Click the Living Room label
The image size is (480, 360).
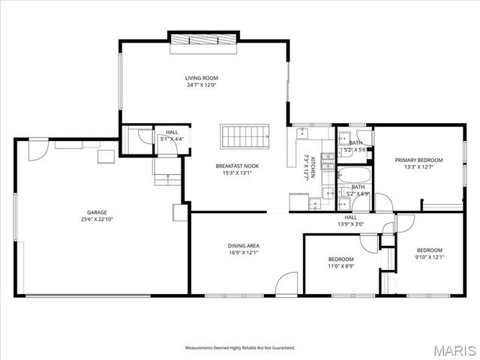[202, 78]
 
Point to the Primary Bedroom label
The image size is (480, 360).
[418, 160]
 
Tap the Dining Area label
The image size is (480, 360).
[244, 246]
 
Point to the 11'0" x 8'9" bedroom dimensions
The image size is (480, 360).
[340, 265]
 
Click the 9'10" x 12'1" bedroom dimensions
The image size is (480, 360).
[430, 257]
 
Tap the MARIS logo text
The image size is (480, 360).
[453, 349]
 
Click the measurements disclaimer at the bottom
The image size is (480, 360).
[240, 348]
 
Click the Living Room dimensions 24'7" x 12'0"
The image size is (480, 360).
[202, 85]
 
